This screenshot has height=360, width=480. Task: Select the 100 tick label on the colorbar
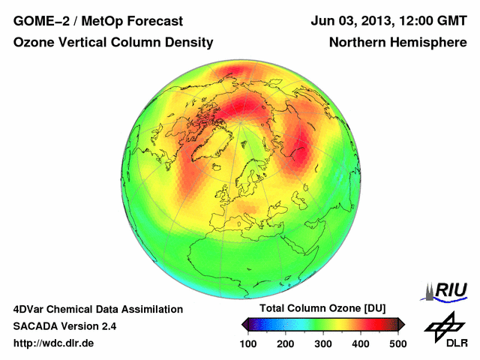point(249,343)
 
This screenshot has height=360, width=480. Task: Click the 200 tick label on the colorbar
point(286,343)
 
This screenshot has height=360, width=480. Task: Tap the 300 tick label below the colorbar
point(323,343)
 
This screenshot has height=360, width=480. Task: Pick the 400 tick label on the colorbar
point(360,343)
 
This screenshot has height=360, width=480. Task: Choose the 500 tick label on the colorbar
point(397,343)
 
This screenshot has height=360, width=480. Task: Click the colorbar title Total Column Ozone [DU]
point(323,309)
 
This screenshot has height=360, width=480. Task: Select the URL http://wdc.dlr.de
point(54,343)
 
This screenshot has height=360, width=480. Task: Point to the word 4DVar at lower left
point(31,309)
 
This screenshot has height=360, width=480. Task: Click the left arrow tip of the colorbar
point(244,324)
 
